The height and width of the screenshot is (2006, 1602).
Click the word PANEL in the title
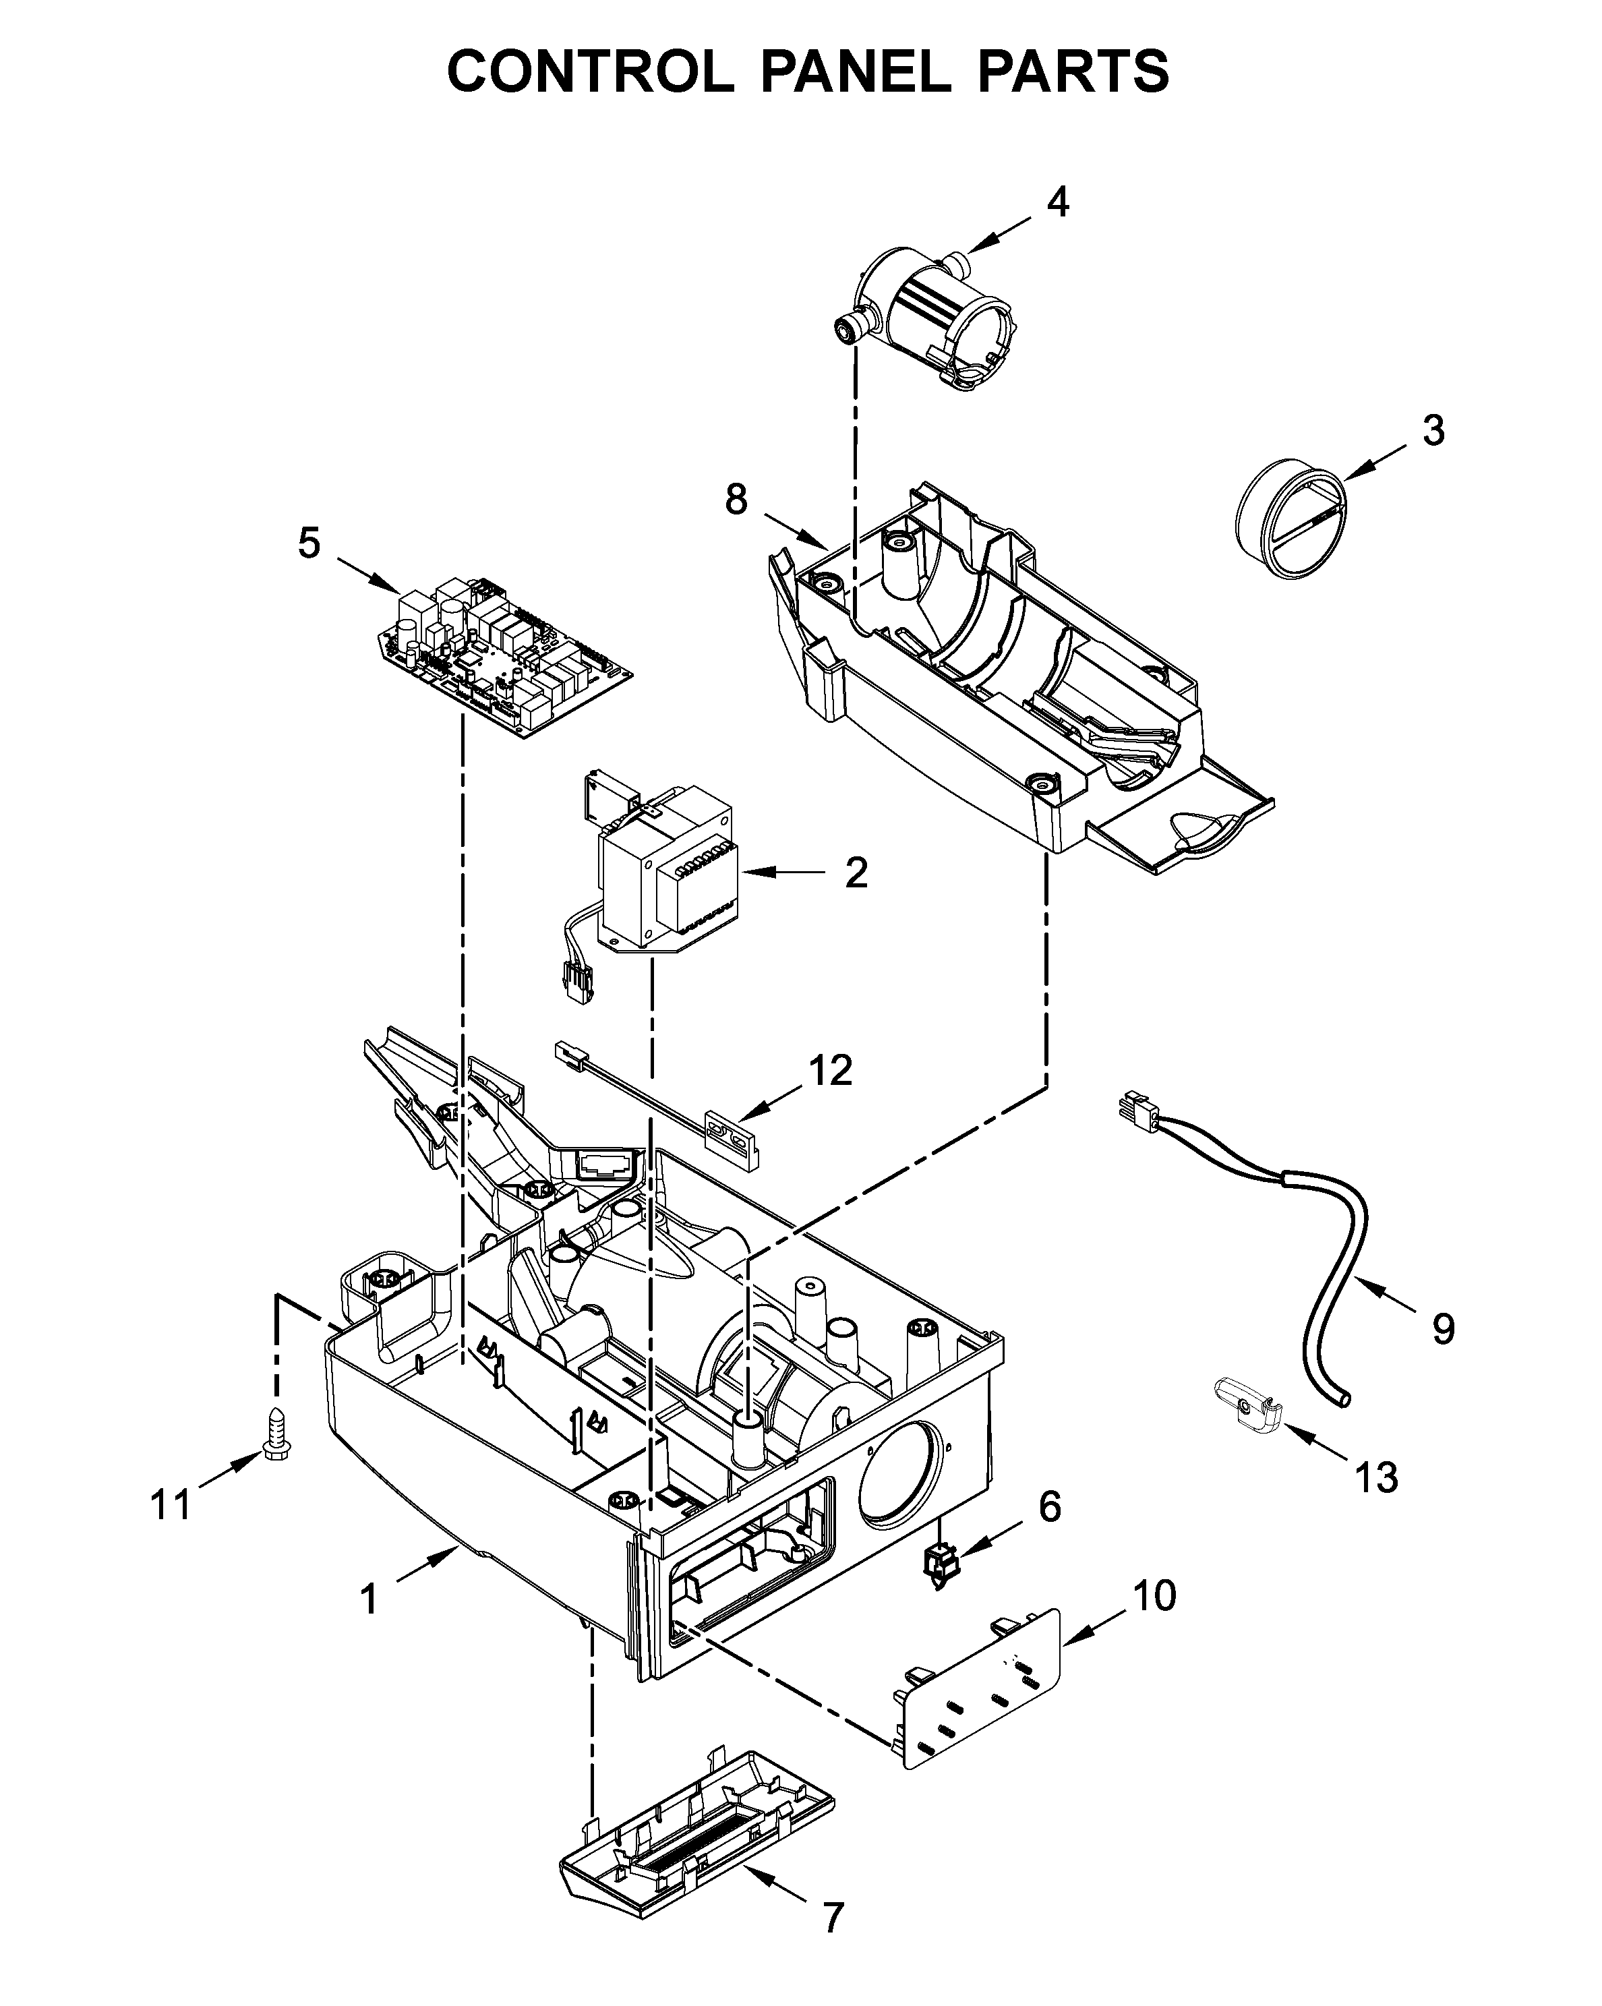pyautogui.click(x=856, y=71)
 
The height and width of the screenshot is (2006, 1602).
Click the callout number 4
pyautogui.click(x=1058, y=201)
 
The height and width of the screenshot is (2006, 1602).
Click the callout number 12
pyautogui.click(x=831, y=1071)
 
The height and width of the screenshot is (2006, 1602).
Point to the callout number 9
pyautogui.click(x=1443, y=1328)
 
